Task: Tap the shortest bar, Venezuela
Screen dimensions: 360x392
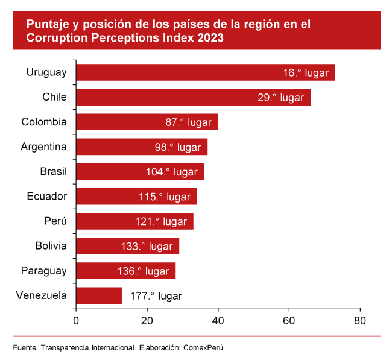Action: pos(99,295)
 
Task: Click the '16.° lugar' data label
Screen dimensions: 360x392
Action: pos(305,72)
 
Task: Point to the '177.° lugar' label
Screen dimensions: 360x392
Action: pos(156,296)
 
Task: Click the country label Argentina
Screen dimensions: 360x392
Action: pos(43,147)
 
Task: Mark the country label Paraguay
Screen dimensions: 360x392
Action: pos(43,271)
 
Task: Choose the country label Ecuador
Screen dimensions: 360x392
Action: pos(46,197)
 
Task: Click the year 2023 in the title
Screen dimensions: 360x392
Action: pos(210,38)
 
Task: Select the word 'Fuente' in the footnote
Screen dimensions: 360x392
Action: pos(25,347)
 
